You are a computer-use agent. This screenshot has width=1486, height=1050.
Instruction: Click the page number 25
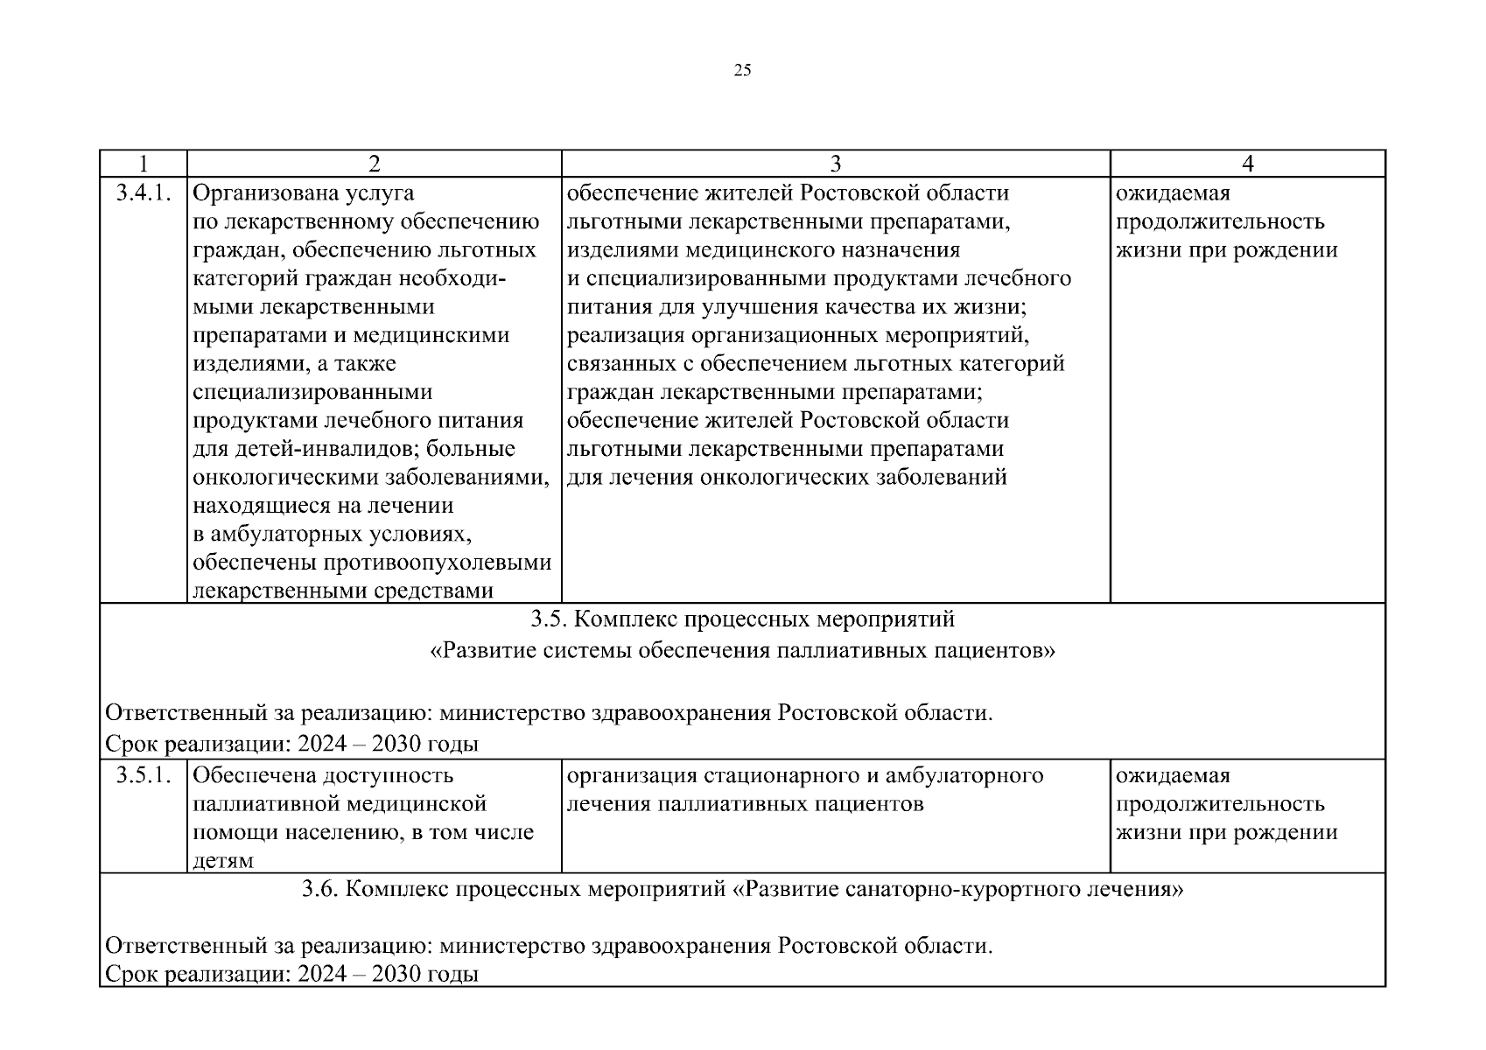point(741,71)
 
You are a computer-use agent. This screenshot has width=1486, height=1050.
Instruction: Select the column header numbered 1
point(143,164)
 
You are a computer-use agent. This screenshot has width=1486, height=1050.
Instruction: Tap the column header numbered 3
point(835,164)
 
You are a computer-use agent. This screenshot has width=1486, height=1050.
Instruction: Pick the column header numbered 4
point(1247,164)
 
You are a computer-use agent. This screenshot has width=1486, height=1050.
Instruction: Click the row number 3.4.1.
point(143,192)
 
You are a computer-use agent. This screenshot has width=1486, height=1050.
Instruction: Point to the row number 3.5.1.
point(143,775)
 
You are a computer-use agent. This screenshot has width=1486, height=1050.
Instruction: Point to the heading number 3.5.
point(550,619)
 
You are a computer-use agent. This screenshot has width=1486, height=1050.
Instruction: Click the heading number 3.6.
point(320,890)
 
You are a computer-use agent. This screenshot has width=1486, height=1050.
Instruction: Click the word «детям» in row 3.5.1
point(223,860)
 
